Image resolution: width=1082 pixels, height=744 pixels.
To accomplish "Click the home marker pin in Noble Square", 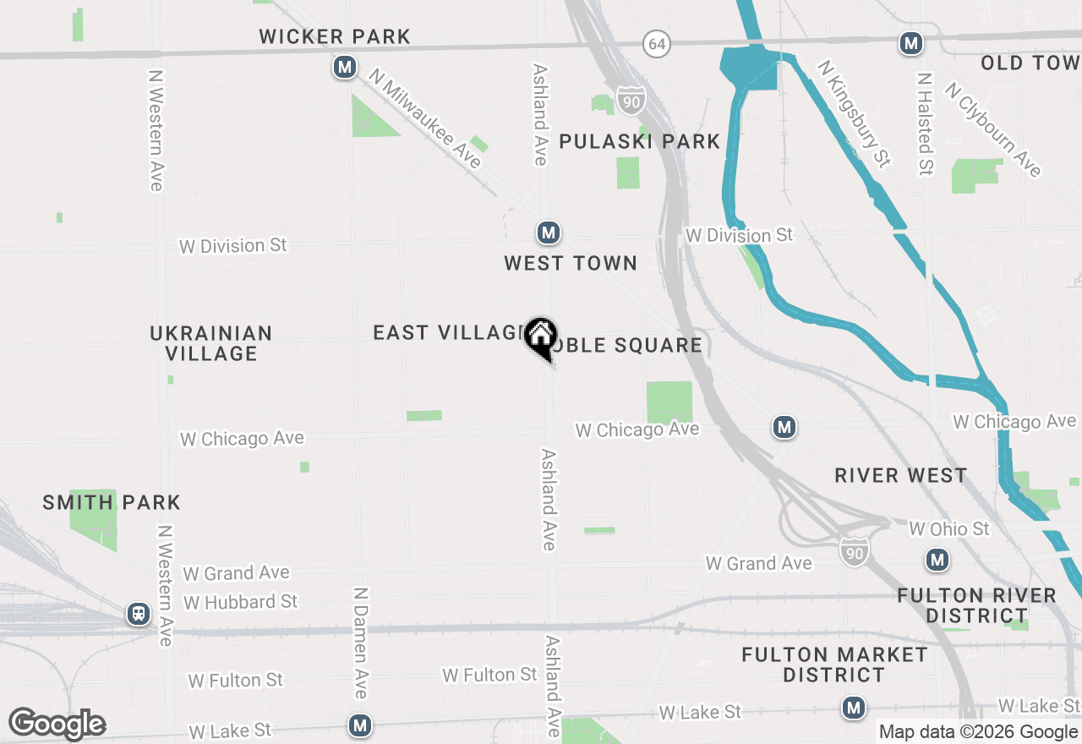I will click(540, 336).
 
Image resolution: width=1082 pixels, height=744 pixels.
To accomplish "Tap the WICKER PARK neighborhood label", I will click(335, 36).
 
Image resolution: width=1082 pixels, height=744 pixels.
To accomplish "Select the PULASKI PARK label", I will click(640, 141).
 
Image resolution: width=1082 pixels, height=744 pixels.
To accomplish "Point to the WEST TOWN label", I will click(571, 263).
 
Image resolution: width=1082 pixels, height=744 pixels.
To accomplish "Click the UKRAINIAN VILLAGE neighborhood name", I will click(211, 343).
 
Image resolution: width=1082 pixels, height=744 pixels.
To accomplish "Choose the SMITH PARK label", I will click(112, 502).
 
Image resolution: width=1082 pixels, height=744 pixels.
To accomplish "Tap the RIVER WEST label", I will click(901, 475).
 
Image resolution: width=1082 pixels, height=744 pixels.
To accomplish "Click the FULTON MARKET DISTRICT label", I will click(834, 665).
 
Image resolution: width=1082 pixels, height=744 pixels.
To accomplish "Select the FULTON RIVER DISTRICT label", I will click(976, 605).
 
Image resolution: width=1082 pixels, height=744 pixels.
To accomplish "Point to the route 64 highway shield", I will click(657, 44).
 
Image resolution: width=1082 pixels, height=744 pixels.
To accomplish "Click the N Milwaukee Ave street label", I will click(425, 118).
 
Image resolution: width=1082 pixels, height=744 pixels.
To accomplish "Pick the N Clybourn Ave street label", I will click(994, 129).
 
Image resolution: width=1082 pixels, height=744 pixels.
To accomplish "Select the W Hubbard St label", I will click(241, 602).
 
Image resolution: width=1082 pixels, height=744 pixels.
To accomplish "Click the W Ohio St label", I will click(949, 529).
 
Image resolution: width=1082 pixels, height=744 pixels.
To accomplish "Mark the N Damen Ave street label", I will click(360, 643).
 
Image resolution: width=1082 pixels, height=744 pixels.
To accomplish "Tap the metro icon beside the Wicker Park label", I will click(344, 67).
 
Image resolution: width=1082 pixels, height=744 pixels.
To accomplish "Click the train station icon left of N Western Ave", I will click(139, 614).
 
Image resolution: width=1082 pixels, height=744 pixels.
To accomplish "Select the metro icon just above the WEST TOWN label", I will click(549, 232).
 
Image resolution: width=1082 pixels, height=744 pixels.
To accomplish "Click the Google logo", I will click(57, 725).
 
